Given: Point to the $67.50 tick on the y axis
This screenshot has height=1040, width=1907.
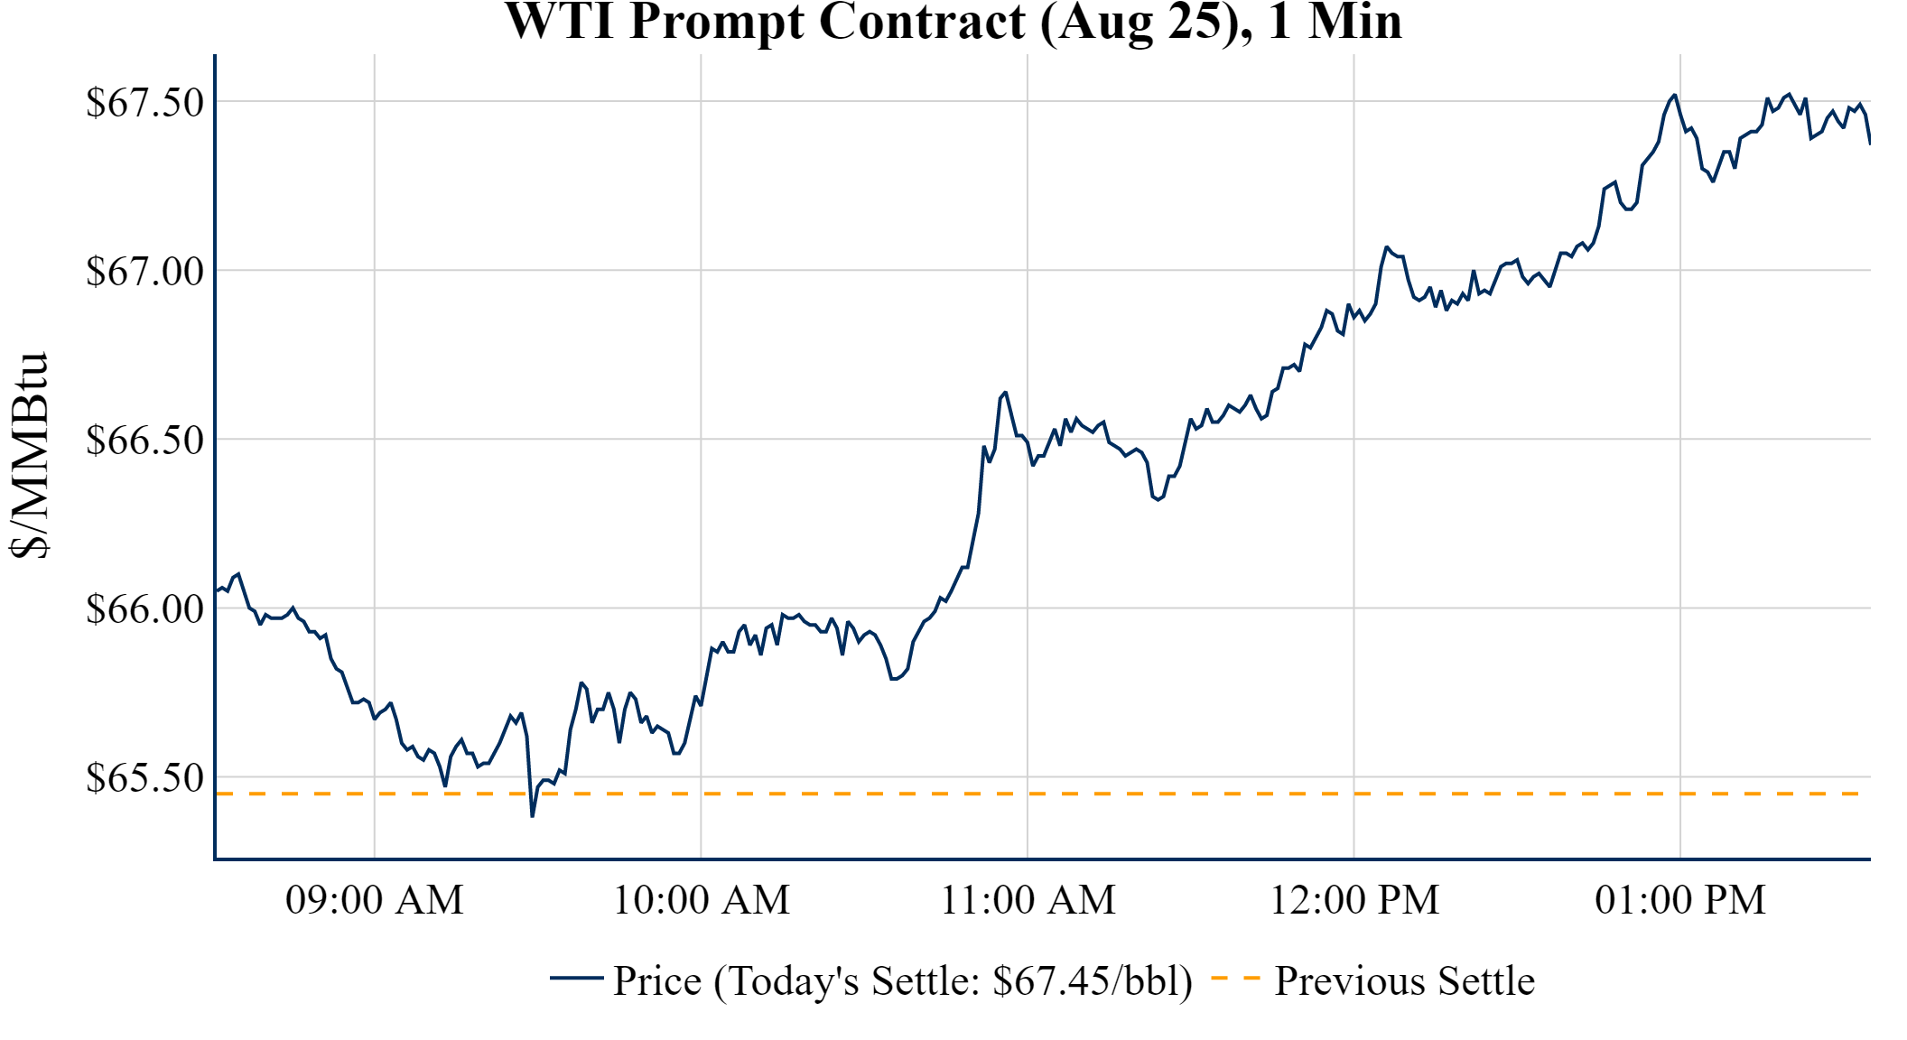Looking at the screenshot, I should point(145,102).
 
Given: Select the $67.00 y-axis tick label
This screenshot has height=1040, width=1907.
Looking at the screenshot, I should point(145,271).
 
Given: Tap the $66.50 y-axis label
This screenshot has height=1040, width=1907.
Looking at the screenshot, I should point(145,440).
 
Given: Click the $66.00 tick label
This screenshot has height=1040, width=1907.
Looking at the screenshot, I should point(145,608).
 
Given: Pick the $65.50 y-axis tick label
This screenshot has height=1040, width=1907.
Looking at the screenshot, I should point(145,777).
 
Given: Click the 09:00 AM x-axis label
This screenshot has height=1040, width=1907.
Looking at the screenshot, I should point(374,900).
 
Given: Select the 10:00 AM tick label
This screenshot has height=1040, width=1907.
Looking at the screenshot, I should point(701,900).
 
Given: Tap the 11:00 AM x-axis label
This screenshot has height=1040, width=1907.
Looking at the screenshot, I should point(1028,900).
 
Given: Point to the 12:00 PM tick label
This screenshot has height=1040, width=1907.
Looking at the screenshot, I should point(1354,900).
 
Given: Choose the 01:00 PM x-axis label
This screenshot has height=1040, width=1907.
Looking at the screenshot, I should point(1679,900).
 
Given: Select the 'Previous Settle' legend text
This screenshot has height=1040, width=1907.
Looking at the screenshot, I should point(1404,980).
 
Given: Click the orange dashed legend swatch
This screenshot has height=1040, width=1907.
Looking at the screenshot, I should point(1234,978).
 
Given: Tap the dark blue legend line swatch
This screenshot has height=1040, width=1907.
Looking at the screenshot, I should point(576,978).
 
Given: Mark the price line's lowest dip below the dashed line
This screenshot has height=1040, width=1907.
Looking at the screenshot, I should point(533,815).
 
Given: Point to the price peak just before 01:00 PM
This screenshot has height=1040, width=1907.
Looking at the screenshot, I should point(1674,95).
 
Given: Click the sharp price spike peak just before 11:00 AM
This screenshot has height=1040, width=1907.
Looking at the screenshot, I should point(1005,393).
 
